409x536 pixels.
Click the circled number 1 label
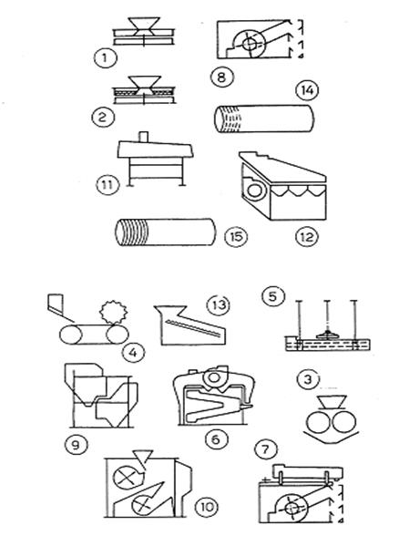click(x=106, y=57)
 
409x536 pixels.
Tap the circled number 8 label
click(x=222, y=77)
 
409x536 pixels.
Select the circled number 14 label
click(x=307, y=90)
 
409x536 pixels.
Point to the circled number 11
click(x=107, y=185)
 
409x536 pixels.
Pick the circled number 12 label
click(x=306, y=237)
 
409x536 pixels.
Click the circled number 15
click(x=236, y=236)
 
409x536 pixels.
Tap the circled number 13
click(x=219, y=304)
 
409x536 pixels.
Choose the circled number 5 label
click(x=273, y=296)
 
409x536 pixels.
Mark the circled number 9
click(x=76, y=445)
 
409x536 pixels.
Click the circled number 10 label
click(x=207, y=507)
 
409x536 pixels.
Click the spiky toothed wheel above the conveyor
click(x=114, y=312)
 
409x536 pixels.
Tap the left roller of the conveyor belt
click(x=71, y=335)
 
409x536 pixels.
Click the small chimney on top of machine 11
click(x=144, y=137)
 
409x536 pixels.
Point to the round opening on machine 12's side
click(x=254, y=191)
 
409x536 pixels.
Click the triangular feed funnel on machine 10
click(x=144, y=457)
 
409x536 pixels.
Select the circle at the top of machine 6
click(x=214, y=377)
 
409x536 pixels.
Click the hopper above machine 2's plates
click(x=144, y=83)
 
